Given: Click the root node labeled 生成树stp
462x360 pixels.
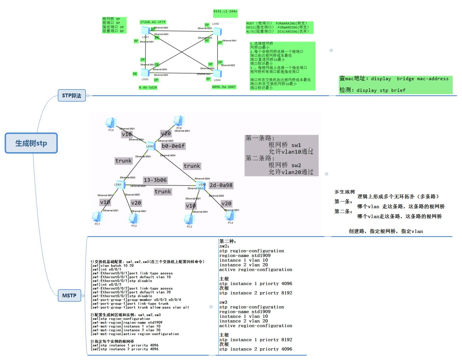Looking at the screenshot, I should (x=31, y=143).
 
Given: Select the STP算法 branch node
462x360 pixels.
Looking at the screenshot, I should (x=72, y=96).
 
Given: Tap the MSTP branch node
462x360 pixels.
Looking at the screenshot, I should (x=69, y=295).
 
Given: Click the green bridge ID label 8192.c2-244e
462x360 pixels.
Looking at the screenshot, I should (x=225, y=12).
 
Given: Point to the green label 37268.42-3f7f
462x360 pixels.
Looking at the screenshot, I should (x=153, y=22).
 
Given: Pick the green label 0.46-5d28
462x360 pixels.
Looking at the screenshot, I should (x=148, y=87).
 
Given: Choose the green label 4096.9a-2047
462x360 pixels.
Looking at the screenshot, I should (x=224, y=87).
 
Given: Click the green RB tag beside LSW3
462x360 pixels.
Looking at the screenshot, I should (x=135, y=74).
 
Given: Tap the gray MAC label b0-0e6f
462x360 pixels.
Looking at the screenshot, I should (x=173, y=146).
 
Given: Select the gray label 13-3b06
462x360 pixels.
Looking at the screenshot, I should (x=155, y=180).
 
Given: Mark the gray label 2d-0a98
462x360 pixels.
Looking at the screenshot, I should (x=221, y=185).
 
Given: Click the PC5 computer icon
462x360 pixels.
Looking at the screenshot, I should (x=111, y=123).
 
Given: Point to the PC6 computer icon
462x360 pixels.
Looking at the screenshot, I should (x=179, y=121).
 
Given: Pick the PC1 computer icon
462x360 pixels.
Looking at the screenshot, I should (x=97, y=217).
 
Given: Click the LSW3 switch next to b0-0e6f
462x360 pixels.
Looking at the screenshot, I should (x=150, y=146).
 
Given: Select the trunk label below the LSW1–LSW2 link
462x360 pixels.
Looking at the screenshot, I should (x=163, y=192).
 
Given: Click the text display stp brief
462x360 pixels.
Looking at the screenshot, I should (x=381, y=90).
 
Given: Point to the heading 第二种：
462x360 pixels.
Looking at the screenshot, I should (x=228, y=241).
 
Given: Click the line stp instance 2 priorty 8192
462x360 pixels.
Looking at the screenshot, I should (x=256, y=293).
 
